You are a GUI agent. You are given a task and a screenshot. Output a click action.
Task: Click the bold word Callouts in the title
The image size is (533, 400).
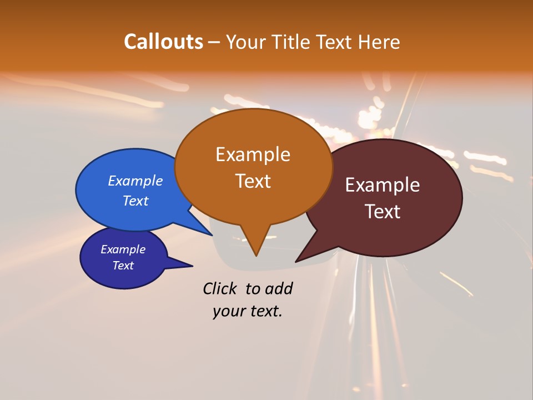pyautogui.click(x=163, y=42)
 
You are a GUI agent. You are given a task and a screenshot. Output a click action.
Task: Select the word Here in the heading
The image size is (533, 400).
pyautogui.click(x=379, y=42)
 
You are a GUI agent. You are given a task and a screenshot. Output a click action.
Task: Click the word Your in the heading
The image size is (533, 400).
pyautogui.click(x=246, y=42)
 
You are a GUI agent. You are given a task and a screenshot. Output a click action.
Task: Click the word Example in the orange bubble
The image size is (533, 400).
pyautogui.click(x=253, y=154)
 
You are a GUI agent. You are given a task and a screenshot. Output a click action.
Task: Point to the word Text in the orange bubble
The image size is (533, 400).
pyautogui.click(x=253, y=181)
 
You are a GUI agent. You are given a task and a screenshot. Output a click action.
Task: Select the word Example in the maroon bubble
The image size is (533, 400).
pyautogui.click(x=383, y=185)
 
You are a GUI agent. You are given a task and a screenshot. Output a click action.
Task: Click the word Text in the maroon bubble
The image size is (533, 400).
pyautogui.click(x=383, y=212)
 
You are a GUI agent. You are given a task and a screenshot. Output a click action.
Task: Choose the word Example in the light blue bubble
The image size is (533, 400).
pyautogui.click(x=135, y=181)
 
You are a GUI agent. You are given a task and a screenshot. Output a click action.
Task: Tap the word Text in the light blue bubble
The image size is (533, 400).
pyautogui.click(x=135, y=201)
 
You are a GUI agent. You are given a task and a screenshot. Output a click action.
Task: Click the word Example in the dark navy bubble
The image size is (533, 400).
pyautogui.click(x=123, y=249)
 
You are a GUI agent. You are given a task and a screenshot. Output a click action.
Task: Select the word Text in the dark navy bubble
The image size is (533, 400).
pyautogui.click(x=123, y=266)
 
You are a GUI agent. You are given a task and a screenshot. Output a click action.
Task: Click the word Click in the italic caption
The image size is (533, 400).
pyautogui.click(x=219, y=288)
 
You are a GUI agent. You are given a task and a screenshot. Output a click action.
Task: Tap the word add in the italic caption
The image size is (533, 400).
pyautogui.click(x=278, y=288)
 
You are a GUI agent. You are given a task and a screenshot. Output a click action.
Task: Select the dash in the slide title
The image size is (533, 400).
pyautogui.click(x=214, y=42)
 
